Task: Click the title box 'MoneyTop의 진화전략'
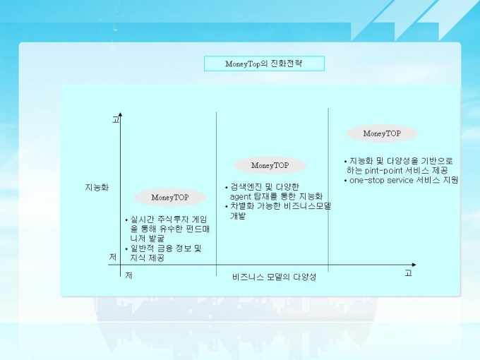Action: click(264, 64)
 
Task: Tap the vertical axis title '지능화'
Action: click(97, 187)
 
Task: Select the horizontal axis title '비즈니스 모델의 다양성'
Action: click(274, 277)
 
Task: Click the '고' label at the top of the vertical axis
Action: click(115, 120)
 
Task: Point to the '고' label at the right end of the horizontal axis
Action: click(408, 272)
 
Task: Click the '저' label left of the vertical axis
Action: click(113, 257)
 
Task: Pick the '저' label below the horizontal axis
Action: click(128, 275)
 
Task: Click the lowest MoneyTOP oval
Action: click(170, 198)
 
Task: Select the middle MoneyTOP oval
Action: click(270, 165)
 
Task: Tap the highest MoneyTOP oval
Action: click(382, 133)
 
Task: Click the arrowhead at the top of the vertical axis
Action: click(120, 114)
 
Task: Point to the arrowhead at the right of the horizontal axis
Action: click(414, 265)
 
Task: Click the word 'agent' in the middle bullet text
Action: click(240, 197)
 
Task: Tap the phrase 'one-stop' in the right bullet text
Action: click(367, 180)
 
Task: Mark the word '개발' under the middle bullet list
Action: click(238, 216)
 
